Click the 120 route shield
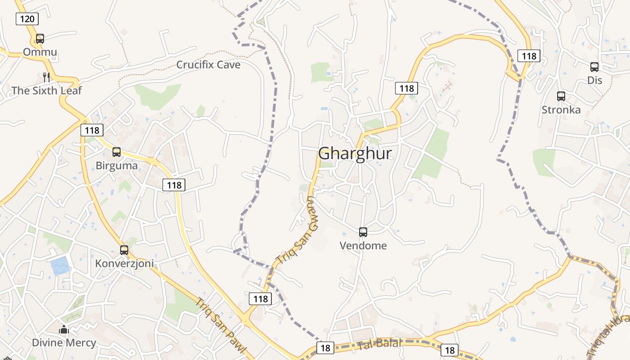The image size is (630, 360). point(27,18)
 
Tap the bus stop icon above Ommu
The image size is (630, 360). point(40,39)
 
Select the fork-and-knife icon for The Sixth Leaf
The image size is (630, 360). point(46,77)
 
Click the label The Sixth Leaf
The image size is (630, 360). point(47,90)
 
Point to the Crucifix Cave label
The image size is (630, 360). point(208,65)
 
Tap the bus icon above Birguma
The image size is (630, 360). point(117,152)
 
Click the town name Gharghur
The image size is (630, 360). point(355,153)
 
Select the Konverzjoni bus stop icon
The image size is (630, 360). point(124,250)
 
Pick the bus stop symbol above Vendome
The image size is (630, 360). point(363,232)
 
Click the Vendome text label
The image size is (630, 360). point(363,246)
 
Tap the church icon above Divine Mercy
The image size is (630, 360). point(64,329)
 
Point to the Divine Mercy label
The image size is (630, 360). point(64,343)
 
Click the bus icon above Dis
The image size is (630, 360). point(594,67)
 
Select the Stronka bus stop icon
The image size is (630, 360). point(561,96)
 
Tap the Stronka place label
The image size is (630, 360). point(561,110)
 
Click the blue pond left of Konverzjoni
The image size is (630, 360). point(60,266)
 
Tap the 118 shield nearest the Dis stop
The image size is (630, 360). point(529,55)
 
